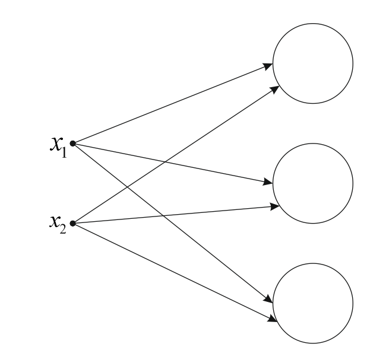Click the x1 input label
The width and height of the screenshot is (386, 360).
tap(58, 144)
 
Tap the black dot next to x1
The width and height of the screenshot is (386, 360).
tap(72, 143)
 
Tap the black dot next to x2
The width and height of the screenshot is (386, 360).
tap(72, 224)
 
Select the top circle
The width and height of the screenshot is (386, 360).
tap(312, 63)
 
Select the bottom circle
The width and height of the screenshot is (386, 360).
tap(312, 302)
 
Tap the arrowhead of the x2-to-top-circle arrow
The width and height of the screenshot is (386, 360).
tap(276, 88)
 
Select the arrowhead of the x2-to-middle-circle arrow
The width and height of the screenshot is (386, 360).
tap(275, 206)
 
